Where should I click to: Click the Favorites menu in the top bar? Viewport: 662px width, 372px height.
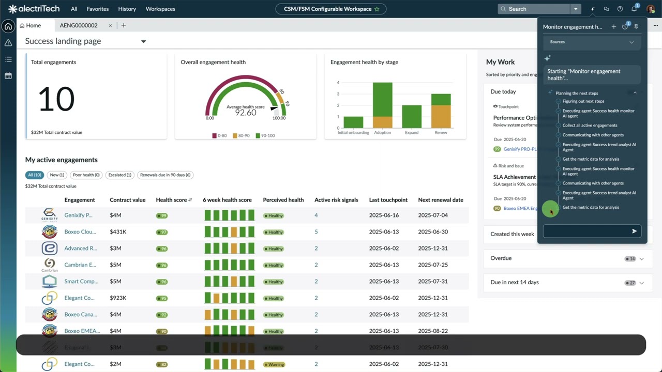pyautogui.click(x=98, y=9)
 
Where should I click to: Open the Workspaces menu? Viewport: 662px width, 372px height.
pyautogui.click(x=160, y=9)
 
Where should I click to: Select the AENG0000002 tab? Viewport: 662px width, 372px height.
pyautogui.click(x=79, y=25)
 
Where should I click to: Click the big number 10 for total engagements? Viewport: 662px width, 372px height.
pyautogui.click(x=56, y=99)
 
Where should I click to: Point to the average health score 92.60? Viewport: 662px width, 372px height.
pyautogui.click(x=245, y=113)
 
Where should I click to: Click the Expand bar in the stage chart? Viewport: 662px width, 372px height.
pyautogui.click(x=412, y=116)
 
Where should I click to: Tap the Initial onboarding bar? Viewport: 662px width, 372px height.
pyautogui.click(x=353, y=122)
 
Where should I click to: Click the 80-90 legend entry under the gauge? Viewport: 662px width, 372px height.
pyautogui.click(x=240, y=136)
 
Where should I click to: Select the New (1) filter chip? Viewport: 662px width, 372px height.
pyautogui.click(x=57, y=175)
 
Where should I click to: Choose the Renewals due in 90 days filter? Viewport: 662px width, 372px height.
pyautogui.click(x=165, y=175)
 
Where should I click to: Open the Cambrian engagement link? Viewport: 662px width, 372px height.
pyautogui.click(x=80, y=265)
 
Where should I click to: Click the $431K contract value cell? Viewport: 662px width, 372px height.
pyautogui.click(x=118, y=232)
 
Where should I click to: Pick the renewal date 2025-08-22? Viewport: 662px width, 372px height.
pyautogui.click(x=433, y=331)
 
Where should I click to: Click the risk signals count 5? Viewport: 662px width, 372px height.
pyautogui.click(x=316, y=232)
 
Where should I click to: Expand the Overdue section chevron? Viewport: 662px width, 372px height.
pyautogui.click(x=642, y=258)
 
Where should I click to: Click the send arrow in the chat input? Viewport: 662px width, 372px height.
pyautogui.click(x=634, y=231)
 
